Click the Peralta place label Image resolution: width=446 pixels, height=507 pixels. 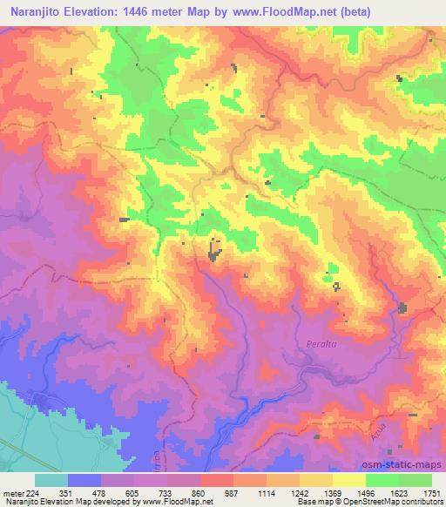[x=321, y=345]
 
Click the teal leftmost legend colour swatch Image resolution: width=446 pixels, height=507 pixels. [x=51, y=480]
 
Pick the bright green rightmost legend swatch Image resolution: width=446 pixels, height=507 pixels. [x=415, y=480]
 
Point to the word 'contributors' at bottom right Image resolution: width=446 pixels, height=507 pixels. [x=421, y=502]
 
